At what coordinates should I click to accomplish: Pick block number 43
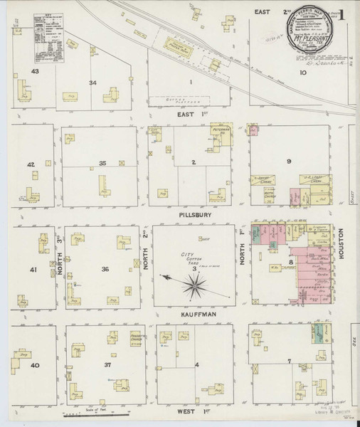click(x=33, y=72)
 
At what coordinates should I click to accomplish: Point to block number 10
click(x=302, y=72)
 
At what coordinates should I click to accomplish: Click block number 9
click(x=289, y=162)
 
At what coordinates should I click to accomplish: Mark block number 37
click(x=107, y=365)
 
